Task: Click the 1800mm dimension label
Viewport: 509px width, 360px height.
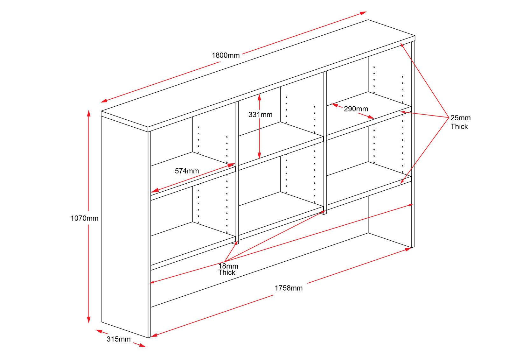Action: point(226,55)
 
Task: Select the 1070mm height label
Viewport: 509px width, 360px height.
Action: point(84,218)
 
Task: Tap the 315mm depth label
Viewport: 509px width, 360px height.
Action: point(118,339)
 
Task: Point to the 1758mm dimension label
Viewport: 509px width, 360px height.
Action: point(289,288)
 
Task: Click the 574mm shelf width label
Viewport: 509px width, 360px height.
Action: point(187,171)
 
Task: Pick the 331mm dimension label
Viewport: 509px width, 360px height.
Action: point(261,115)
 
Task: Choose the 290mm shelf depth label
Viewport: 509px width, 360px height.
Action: point(356,109)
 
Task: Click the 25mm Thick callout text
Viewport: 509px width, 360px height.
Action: point(460,122)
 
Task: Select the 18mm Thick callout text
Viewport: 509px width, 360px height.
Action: point(228,269)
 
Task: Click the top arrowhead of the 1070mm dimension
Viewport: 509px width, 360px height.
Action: point(89,113)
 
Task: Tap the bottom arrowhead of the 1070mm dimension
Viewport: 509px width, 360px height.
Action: point(89,320)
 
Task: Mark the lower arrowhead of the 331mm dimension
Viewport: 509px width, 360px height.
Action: point(259,155)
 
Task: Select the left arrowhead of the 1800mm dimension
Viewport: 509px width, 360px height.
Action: point(104,101)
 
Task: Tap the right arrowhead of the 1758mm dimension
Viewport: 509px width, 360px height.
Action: point(408,249)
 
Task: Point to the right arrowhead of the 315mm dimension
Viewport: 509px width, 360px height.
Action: point(143,346)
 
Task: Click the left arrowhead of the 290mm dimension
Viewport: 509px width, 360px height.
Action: point(335,105)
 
